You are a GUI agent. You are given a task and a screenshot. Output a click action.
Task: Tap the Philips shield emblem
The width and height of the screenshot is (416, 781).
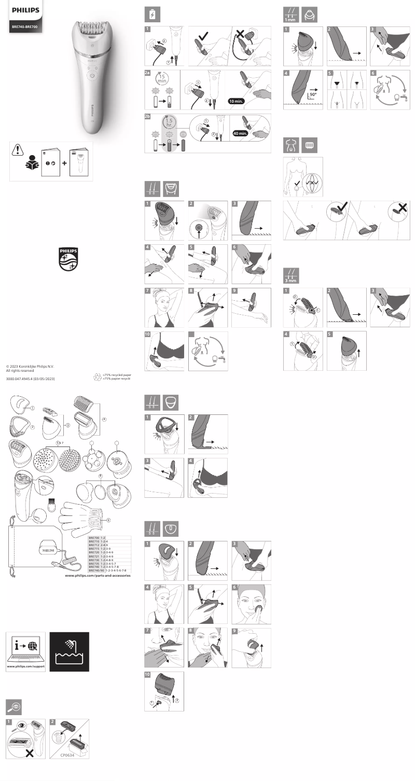click(68, 259)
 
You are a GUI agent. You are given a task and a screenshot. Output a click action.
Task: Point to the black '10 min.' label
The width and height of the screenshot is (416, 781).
click(239, 101)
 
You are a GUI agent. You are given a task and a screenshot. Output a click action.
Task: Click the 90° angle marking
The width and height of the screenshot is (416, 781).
click(313, 95)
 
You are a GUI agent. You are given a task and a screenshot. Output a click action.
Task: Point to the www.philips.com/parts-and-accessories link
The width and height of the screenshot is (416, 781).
click(98, 576)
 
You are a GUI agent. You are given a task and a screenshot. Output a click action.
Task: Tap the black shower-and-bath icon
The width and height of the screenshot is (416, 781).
click(69, 651)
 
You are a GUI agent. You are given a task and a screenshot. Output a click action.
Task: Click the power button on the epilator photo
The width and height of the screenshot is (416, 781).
click(91, 75)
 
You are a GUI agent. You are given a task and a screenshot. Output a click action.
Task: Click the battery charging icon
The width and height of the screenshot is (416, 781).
click(152, 15)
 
